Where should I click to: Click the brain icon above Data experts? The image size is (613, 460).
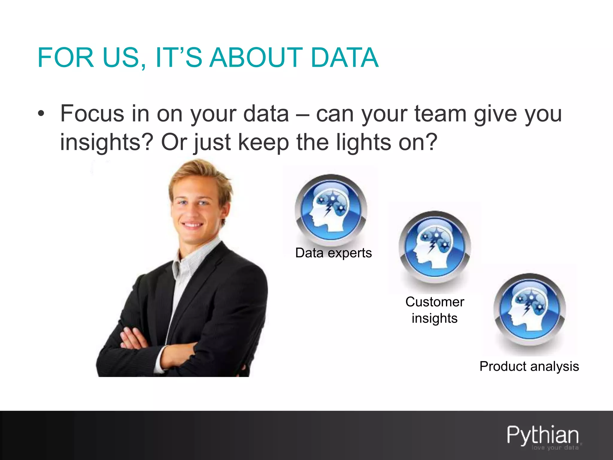click(x=331, y=210)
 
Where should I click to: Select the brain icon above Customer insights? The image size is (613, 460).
click(x=435, y=247)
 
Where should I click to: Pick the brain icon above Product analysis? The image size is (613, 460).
click(x=529, y=309)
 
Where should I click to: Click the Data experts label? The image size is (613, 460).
click(x=333, y=253)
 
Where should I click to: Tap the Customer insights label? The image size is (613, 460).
click(x=435, y=310)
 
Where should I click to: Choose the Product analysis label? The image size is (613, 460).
click(x=529, y=366)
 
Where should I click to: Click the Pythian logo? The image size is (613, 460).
click(x=543, y=435)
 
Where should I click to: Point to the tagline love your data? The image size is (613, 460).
click(x=555, y=448)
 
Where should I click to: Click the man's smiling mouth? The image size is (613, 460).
click(x=192, y=225)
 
